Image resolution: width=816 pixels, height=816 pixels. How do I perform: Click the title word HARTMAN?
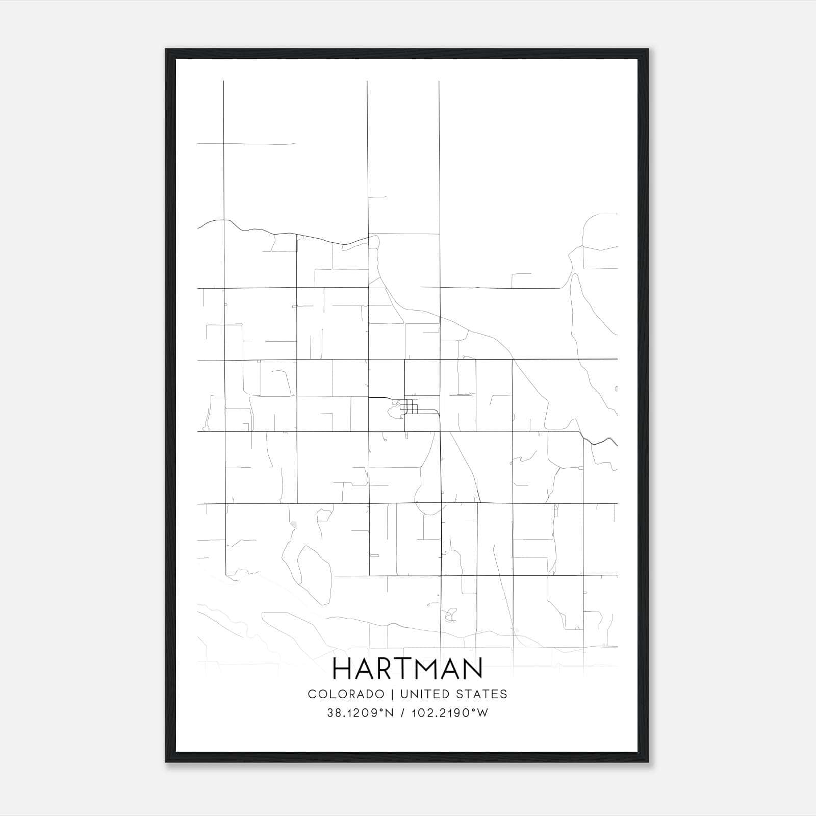407,669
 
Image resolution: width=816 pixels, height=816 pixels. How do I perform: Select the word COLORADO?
346,694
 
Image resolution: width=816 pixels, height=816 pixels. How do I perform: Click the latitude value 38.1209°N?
360,713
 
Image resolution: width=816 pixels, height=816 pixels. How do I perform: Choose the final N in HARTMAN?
473,669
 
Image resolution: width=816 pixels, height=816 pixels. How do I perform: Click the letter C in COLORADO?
312,694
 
